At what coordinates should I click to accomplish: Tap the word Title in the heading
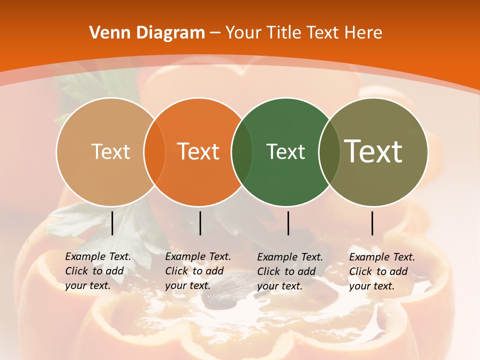[283, 33]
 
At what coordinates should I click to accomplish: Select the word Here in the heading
[363, 33]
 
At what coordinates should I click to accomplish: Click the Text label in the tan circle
[110, 151]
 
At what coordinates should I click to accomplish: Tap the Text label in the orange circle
[198, 151]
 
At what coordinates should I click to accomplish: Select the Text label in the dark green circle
[285, 151]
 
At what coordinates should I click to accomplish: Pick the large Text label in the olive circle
[373, 151]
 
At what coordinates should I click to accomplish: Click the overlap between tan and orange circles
[154, 152]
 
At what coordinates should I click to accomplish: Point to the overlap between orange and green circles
[242, 152]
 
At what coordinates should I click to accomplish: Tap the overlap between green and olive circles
[329, 152]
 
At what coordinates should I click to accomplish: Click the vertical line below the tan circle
[112, 223]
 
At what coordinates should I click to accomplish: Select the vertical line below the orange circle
[200, 223]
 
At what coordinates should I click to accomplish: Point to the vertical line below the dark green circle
[288, 223]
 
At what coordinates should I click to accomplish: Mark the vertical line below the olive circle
[372, 223]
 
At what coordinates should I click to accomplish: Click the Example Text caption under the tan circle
[98, 271]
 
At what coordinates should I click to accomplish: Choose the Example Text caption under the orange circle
[198, 271]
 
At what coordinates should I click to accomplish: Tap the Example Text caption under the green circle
[290, 271]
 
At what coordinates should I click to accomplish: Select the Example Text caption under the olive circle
[382, 271]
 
